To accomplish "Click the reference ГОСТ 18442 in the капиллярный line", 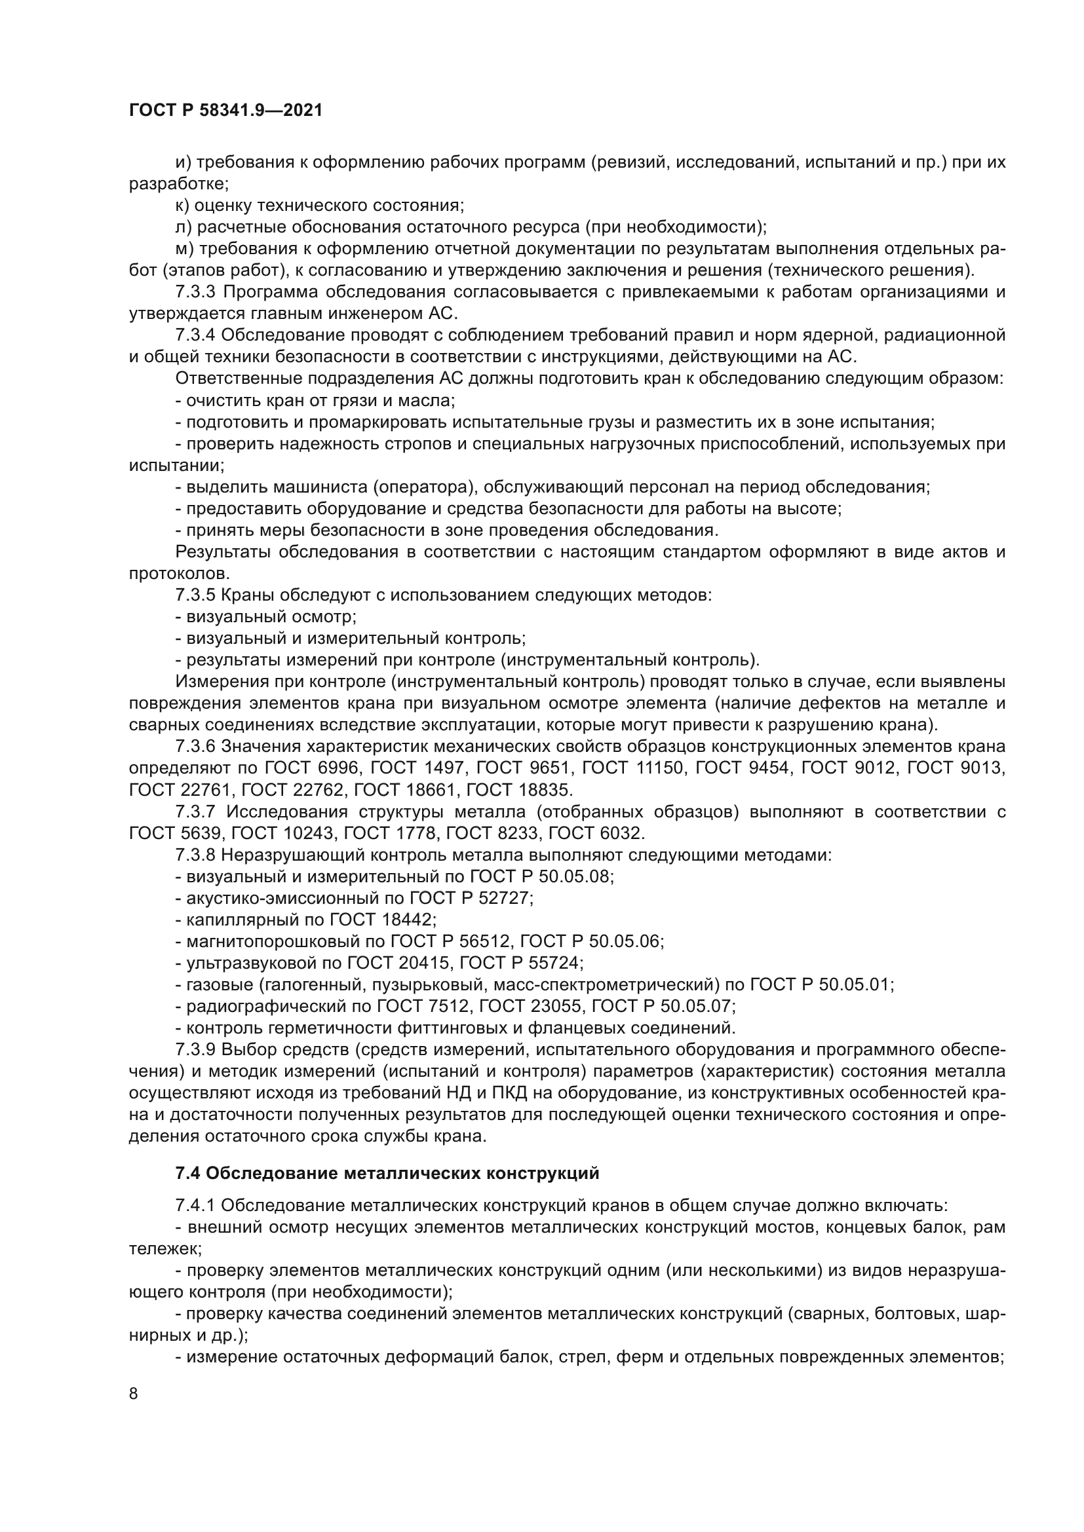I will click(383, 920).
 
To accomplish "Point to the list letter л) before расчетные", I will click(184, 227).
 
